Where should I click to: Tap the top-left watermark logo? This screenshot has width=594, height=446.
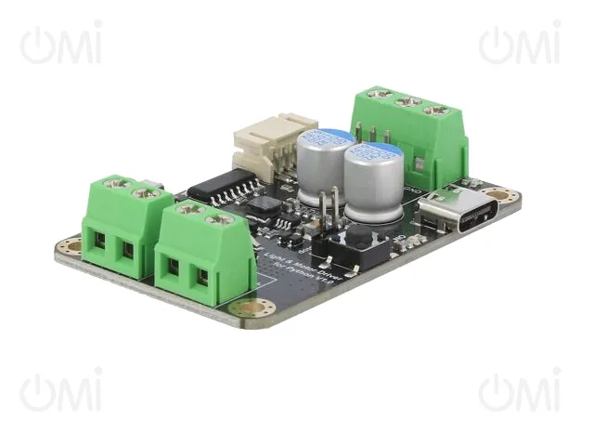pos(61,44)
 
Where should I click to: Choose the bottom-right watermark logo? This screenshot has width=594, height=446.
pos(520,391)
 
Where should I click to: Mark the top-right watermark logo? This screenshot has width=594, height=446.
pos(520,44)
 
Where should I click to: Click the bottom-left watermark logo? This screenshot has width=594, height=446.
pos(61,391)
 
